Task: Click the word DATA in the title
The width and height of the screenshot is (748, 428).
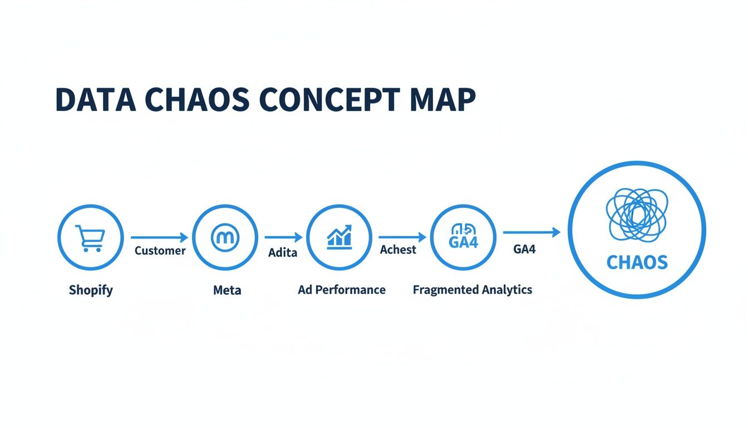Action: [95, 101]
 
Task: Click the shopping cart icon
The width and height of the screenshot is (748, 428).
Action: [90, 238]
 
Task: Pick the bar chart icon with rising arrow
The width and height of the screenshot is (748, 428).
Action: [339, 237]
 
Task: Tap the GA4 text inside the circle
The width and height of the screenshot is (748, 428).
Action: [463, 242]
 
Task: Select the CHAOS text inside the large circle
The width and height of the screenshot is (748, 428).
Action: [637, 262]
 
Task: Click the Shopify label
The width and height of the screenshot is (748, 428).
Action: [91, 290]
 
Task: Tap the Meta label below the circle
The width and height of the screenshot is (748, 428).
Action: [227, 290]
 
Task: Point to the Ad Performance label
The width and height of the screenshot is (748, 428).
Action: [342, 290]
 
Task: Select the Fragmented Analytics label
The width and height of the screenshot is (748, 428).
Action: [473, 290]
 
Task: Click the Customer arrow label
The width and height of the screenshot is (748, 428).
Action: [160, 251]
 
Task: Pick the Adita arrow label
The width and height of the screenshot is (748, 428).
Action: [283, 252]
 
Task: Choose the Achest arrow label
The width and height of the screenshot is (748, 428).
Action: [398, 250]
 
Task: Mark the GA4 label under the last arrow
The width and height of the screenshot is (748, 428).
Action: [524, 249]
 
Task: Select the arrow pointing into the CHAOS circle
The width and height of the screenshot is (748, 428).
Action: [532, 232]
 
